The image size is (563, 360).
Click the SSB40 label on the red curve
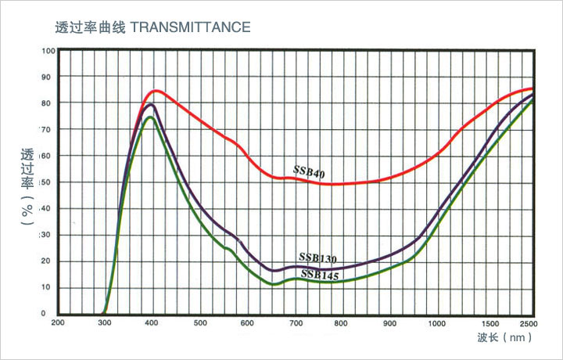309,171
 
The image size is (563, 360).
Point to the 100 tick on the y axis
48,51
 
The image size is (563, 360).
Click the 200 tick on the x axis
58,323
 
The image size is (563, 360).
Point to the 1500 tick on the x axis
489,323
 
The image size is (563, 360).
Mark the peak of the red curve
155,91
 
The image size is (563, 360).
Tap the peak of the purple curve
151,104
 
